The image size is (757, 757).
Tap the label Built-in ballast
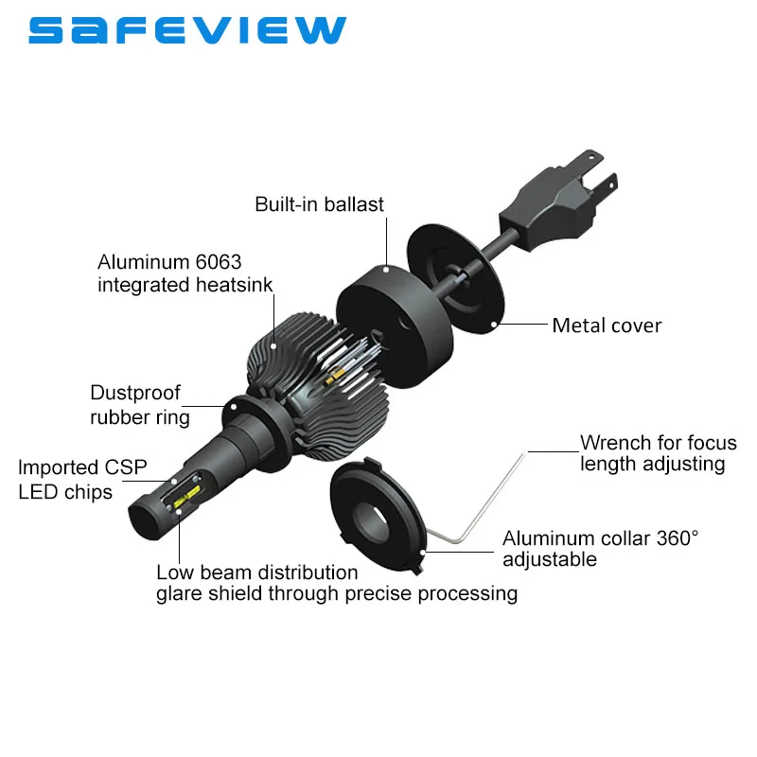point(320,204)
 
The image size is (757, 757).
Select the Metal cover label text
point(607,326)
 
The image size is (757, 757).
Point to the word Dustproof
point(135,393)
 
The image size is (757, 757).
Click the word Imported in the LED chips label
point(58,467)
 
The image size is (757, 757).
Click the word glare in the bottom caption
point(180,594)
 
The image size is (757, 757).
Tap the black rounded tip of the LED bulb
point(149,516)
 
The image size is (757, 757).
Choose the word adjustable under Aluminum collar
point(550,559)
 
